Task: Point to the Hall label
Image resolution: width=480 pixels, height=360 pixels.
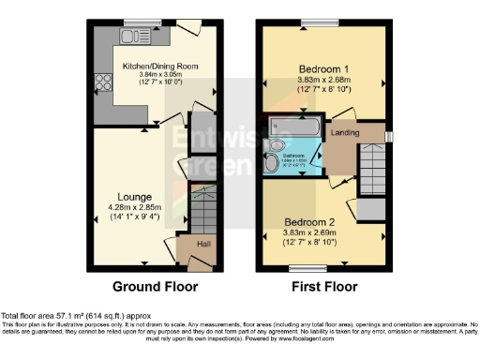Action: [200, 243]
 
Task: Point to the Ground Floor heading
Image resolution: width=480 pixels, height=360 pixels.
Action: [154, 285]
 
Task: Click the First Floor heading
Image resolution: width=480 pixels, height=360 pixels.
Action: [324, 285]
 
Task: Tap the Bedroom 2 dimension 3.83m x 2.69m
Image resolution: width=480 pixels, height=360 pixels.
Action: [317, 234]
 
